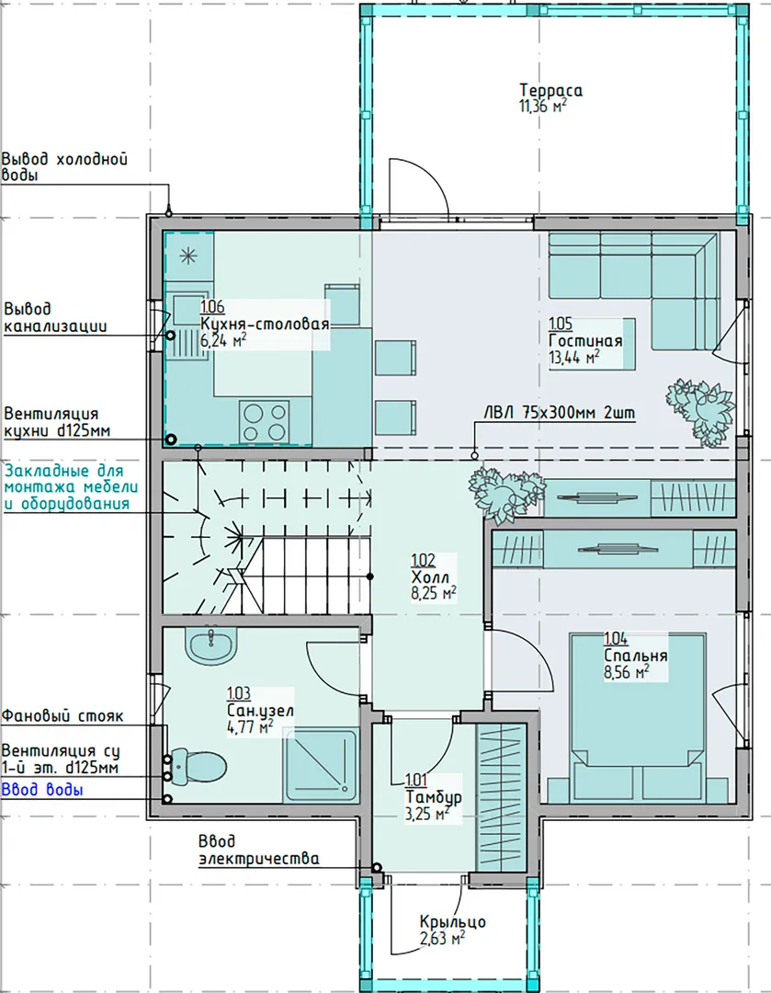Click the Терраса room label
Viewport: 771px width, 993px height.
(550, 90)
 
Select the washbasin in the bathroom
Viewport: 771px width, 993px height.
(210, 645)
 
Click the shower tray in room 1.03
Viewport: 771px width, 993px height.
(321, 766)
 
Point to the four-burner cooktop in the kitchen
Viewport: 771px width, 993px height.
(265, 422)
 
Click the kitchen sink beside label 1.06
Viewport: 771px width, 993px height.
(187, 326)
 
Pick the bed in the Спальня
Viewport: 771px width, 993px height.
(638, 715)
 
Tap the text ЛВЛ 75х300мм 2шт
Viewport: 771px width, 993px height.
(560, 412)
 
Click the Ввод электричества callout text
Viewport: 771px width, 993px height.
(258, 850)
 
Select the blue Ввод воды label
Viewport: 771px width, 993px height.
(42, 789)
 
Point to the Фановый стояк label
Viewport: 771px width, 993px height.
(62, 716)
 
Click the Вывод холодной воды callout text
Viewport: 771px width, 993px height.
(64, 166)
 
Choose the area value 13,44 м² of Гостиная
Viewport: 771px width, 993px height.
(574, 358)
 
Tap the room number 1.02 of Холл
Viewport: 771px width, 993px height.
(423, 561)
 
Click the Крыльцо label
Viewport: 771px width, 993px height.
(453, 921)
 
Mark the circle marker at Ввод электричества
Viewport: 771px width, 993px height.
(377, 867)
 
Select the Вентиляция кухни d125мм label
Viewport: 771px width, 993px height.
(57, 422)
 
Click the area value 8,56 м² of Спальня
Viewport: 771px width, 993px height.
(627, 672)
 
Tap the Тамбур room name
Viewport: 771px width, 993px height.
(434, 796)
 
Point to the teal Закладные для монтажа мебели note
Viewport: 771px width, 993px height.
(70, 487)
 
